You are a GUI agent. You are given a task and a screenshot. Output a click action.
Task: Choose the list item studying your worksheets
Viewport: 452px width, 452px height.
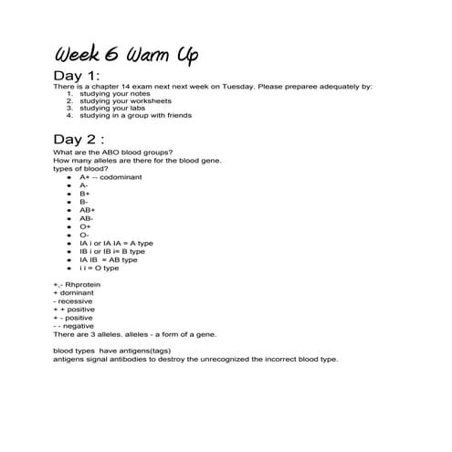[x=112, y=101]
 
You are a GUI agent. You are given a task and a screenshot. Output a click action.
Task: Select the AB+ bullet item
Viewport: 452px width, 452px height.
[x=87, y=210]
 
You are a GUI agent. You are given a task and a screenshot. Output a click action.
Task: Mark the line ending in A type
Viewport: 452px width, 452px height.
[x=115, y=243]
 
